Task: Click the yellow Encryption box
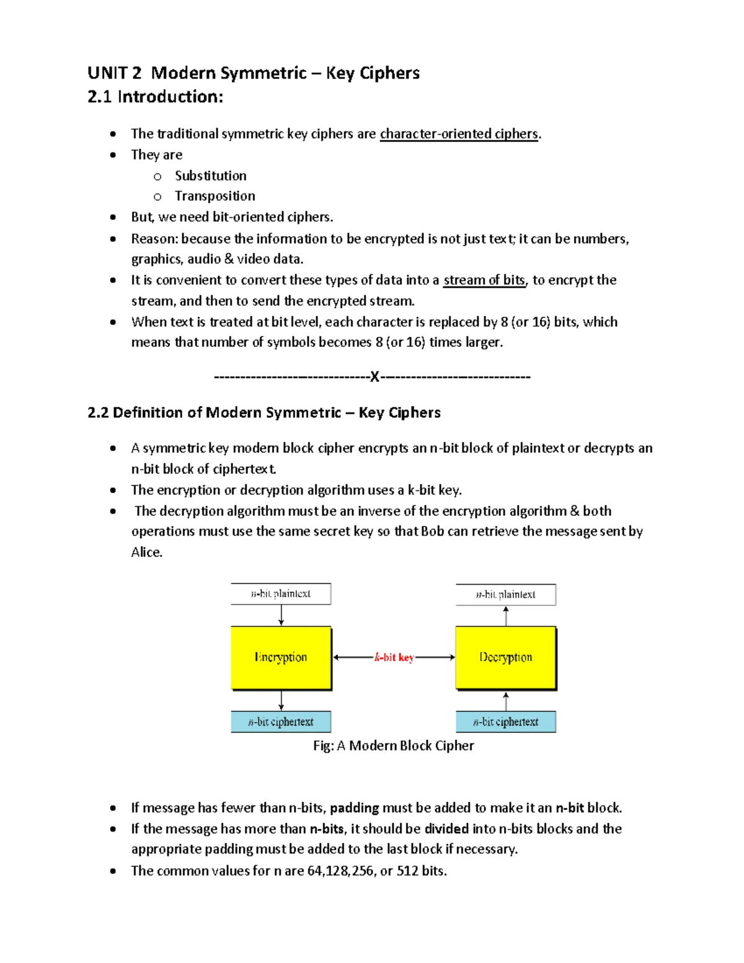click(x=281, y=657)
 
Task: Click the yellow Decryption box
click(x=506, y=657)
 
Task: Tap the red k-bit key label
click(x=394, y=657)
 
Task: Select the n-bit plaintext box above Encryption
click(x=281, y=593)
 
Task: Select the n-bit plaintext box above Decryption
click(x=506, y=594)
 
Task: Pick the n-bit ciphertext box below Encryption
click(x=281, y=722)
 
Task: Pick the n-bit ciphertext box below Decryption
click(x=506, y=722)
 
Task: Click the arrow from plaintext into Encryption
click(x=281, y=615)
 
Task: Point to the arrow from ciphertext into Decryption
click(x=507, y=701)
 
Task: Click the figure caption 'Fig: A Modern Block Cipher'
click(x=394, y=745)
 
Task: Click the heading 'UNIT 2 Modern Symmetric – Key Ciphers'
click(x=254, y=73)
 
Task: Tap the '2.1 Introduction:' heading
click(x=155, y=97)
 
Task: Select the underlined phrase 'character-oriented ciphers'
click(x=459, y=134)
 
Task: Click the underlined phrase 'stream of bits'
click(x=484, y=280)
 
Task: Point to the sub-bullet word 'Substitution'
click(x=210, y=175)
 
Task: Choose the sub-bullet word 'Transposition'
click(x=215, y=196)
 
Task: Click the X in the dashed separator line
click(x=374, y=376)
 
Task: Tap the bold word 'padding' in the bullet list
click(x=354, y=807)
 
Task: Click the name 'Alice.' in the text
click(x=146, y=552)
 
